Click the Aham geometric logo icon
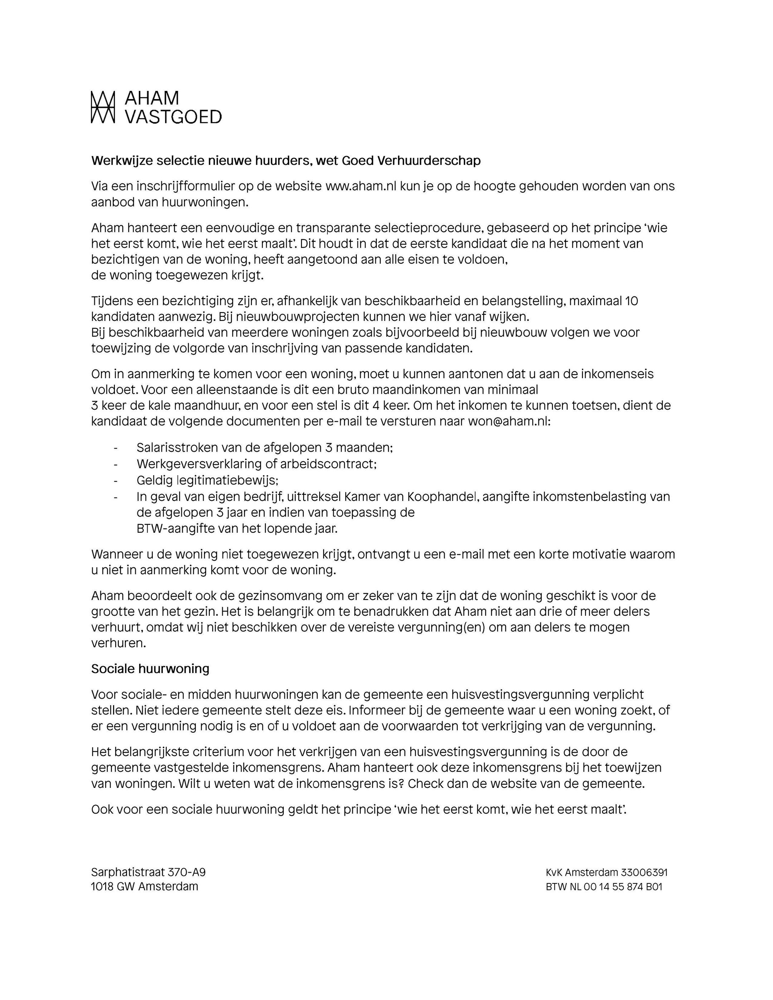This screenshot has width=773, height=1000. [103, 107]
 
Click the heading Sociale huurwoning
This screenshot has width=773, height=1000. [150, 669]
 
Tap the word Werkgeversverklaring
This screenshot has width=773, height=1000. [200, 464]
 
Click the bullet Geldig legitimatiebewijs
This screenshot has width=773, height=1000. [207, 480]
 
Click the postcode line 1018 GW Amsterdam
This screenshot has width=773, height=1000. [144, 887]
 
